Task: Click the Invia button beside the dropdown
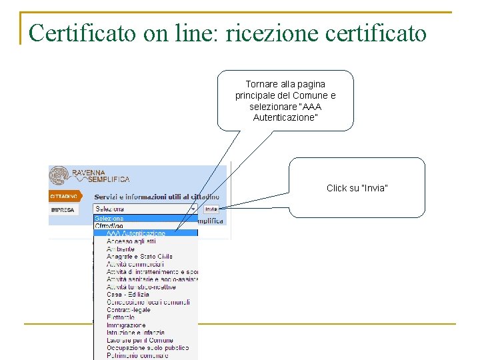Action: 211,209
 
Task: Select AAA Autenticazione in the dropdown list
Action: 136,233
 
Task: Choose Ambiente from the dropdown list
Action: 121,249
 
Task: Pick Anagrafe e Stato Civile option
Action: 139,256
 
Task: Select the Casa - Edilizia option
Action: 128,295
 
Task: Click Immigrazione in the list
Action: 126,325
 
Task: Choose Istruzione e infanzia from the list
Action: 135,333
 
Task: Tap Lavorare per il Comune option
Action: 139,340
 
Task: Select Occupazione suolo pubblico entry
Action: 147,348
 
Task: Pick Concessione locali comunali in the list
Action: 148,302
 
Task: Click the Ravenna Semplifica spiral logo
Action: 59,176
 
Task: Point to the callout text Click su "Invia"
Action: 357,188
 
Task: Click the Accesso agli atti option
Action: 130,241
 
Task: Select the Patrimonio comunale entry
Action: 137,355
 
